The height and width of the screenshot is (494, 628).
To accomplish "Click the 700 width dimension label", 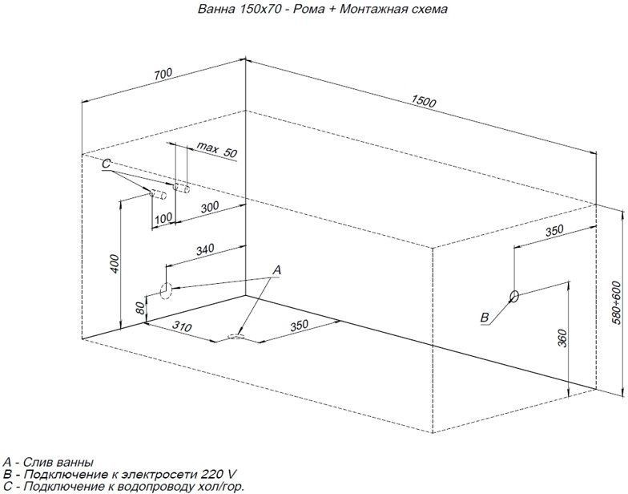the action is [163, 74].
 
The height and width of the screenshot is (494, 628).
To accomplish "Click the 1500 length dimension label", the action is [424, 101].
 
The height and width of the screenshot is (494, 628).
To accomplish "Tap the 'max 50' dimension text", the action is [216, 151].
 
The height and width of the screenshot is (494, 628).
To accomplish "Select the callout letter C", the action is [106, 164].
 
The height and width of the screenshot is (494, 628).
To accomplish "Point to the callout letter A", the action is [276, 271].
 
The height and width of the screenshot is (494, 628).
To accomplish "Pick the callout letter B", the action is [485, 318].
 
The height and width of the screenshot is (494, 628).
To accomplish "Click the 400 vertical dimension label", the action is [115, 263].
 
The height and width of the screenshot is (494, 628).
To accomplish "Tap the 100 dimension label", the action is [163, 218].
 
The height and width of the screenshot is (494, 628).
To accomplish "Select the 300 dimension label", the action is [210, 207].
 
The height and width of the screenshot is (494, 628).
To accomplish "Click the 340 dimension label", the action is [205, 249].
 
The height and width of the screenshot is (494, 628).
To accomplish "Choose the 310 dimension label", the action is [182, 327].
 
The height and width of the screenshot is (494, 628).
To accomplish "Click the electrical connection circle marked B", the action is [514, 296].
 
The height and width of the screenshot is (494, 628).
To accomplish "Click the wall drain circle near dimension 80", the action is [166, 290].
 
